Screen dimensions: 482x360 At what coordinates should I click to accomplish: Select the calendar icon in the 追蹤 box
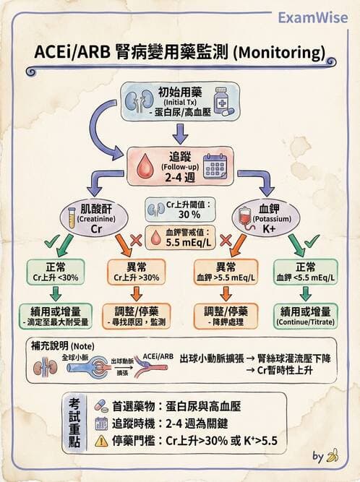click(215, 166)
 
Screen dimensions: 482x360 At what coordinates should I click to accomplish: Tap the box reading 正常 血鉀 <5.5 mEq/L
click(304, 272)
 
